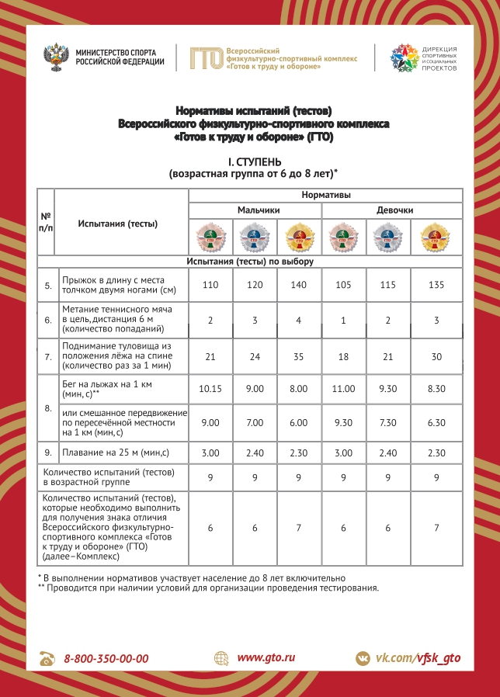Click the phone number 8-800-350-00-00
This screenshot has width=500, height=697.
(x=106, y=658)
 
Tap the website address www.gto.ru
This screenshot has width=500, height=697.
(x=266, y=657)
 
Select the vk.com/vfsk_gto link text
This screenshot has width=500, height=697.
(x=418, y=658)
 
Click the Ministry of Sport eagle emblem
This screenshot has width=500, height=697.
(x=58, y=57)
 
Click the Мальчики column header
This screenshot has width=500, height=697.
(x=255, y=210)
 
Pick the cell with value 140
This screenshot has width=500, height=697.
(x=299, y=286)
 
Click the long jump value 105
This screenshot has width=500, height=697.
(x=342, y=286)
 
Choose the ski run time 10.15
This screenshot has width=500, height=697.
(x=210, y=388)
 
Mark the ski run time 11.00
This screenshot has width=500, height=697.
(x=342, y=388)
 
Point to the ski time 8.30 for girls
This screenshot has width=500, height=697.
(x=436, y=388)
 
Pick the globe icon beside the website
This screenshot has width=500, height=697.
(x=222, y=658)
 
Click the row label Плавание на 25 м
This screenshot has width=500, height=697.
(x=106, y=453)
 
